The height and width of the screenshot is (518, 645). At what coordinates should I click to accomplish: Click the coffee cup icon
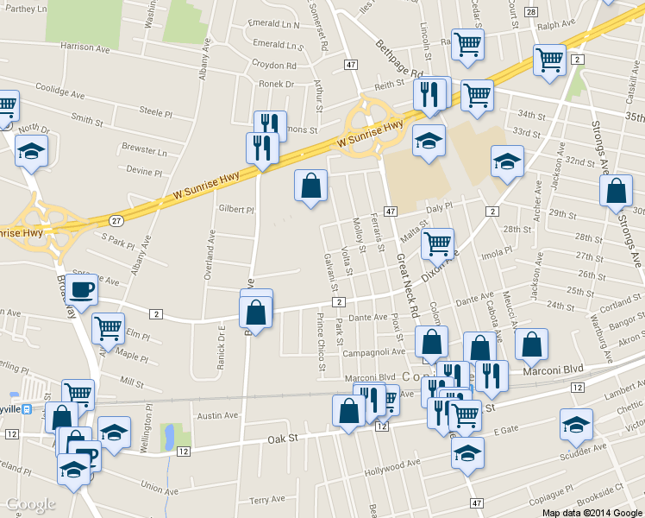(83, 290)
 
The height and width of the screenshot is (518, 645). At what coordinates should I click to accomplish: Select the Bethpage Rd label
(400, 59)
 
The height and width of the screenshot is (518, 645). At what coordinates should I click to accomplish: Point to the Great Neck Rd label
(407, 286)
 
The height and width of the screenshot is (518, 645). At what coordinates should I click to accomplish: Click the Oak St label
(281, 439)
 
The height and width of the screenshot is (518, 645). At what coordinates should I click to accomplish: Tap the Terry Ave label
(266, 499)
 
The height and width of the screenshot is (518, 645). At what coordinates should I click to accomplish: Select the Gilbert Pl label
(236, 209)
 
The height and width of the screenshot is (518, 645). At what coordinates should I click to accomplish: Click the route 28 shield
(530, 11)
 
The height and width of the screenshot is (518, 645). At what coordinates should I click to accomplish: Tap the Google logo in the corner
(30, 505)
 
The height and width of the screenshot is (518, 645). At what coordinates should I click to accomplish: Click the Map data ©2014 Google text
(592, 513)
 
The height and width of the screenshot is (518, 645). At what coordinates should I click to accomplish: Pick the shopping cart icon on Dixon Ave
(438, 243)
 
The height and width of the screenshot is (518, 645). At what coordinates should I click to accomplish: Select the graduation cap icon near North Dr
(31, 152)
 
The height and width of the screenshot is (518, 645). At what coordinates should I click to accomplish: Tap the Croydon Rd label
(274, 65)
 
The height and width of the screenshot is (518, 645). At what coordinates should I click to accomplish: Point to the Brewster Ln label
(144, 150)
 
